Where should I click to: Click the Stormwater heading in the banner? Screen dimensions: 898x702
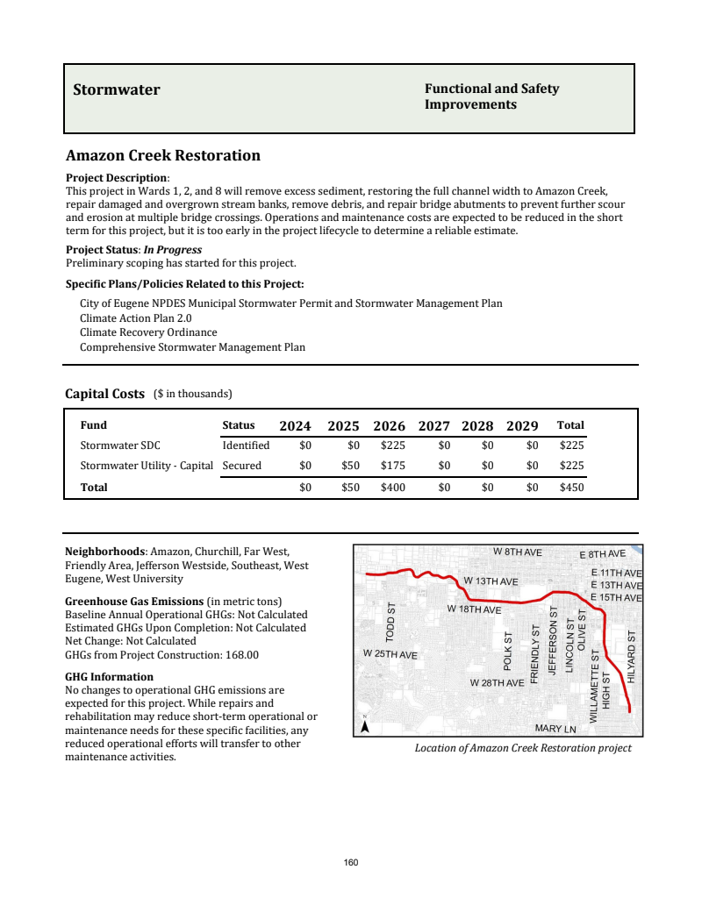click(116, 89)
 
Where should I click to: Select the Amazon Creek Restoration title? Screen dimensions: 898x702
click(163, 156)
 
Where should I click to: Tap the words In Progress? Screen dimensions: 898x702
click(173, 250)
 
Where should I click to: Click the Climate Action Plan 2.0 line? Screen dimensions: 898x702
click(135, 318)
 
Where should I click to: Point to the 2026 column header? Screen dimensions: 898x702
click(389, 426)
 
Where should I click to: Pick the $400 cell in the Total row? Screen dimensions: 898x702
click(392, 488)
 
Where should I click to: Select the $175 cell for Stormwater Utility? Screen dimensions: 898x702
click(392, 466)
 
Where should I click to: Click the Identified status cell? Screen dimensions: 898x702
click(246, 445)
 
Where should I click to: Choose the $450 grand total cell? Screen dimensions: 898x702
click(571, 488)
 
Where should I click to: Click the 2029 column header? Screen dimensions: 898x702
click(522, 426)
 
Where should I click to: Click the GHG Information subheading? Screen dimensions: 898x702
click(109, 677)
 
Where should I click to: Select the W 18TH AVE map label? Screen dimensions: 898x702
click(474, 609)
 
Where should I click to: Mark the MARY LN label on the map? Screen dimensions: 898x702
click(555, 729)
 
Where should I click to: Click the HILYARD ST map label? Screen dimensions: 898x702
click(632, 658)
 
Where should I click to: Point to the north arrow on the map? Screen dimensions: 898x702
click(365, 724)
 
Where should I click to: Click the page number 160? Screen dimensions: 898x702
click(351, 863)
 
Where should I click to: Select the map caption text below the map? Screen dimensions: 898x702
click(523, 748)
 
